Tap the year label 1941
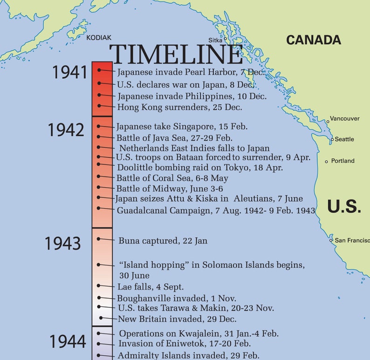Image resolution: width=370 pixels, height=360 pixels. point(70,73)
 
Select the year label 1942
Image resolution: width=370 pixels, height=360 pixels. point(66,130)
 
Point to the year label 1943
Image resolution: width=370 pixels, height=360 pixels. point(62,243)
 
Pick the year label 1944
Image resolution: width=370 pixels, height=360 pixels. point(68,341)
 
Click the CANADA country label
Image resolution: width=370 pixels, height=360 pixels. point(313,40)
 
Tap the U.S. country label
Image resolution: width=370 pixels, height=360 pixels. point(344,206)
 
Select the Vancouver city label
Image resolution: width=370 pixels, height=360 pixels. point(344,119)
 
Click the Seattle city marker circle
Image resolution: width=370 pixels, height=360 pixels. point(332,139)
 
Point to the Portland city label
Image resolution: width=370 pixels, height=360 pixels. point(343,161)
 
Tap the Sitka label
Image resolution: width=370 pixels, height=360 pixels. point(215,41)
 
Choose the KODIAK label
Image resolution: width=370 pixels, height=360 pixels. point(99,38)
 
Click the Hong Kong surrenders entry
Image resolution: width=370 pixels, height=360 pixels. point(179,108)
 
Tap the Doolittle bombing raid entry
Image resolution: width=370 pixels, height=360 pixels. point(200,168)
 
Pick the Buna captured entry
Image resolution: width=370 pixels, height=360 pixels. point(163,241)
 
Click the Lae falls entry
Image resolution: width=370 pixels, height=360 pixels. point(151,287)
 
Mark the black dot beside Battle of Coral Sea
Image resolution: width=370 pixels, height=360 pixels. point(98,178)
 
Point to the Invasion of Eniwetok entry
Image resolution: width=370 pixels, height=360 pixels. point(185,344)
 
